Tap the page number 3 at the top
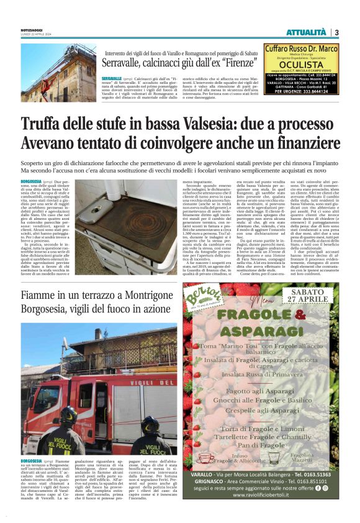coord(336,32)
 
